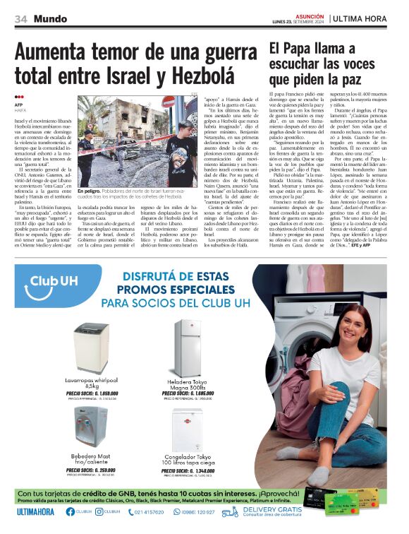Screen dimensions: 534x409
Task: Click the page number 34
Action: tap(21, 18)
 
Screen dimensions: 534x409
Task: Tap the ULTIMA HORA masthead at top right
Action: tap(364, 18)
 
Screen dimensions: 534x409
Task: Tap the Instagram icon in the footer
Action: tap(97, 512)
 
